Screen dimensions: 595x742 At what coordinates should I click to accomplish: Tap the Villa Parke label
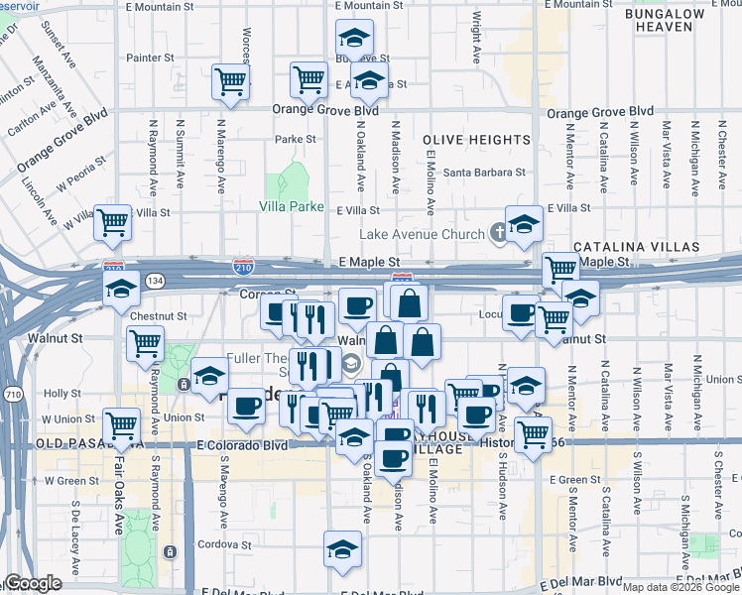292,207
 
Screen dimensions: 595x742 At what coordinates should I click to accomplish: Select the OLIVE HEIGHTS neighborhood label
475,140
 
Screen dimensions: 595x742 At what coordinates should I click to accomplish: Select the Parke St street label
296,140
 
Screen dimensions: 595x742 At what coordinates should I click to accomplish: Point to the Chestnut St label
159,316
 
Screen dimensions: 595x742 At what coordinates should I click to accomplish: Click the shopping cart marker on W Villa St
112,222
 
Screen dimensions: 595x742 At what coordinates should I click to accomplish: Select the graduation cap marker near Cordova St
342,549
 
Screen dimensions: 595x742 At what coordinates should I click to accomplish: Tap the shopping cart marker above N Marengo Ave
230,81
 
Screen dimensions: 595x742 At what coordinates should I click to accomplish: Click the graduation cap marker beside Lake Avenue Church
524,223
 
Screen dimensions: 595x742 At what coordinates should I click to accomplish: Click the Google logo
34,584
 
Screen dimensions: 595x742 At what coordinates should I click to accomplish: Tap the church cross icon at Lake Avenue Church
499,233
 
